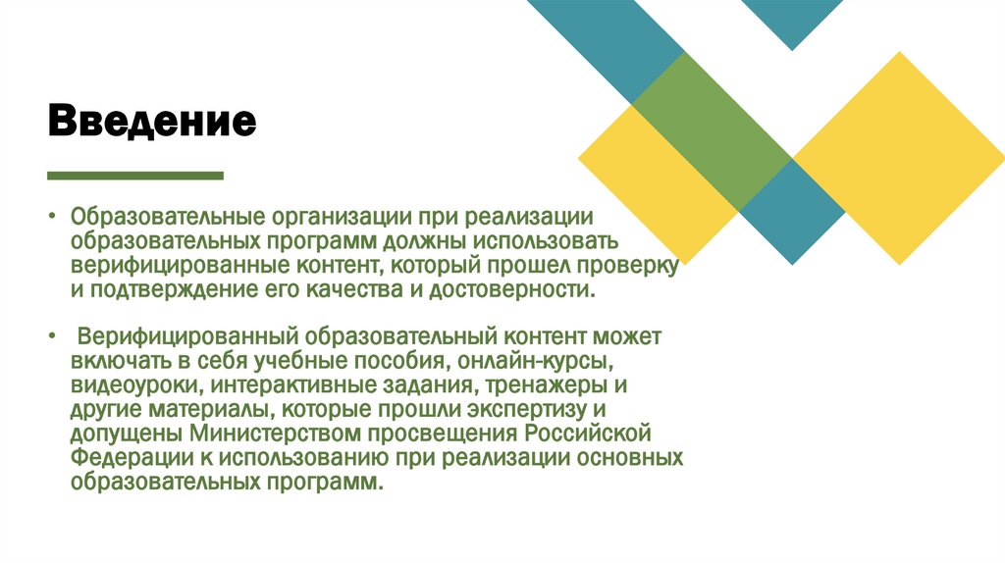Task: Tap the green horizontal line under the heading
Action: pos(135,176)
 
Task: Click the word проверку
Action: pos(628,266)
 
